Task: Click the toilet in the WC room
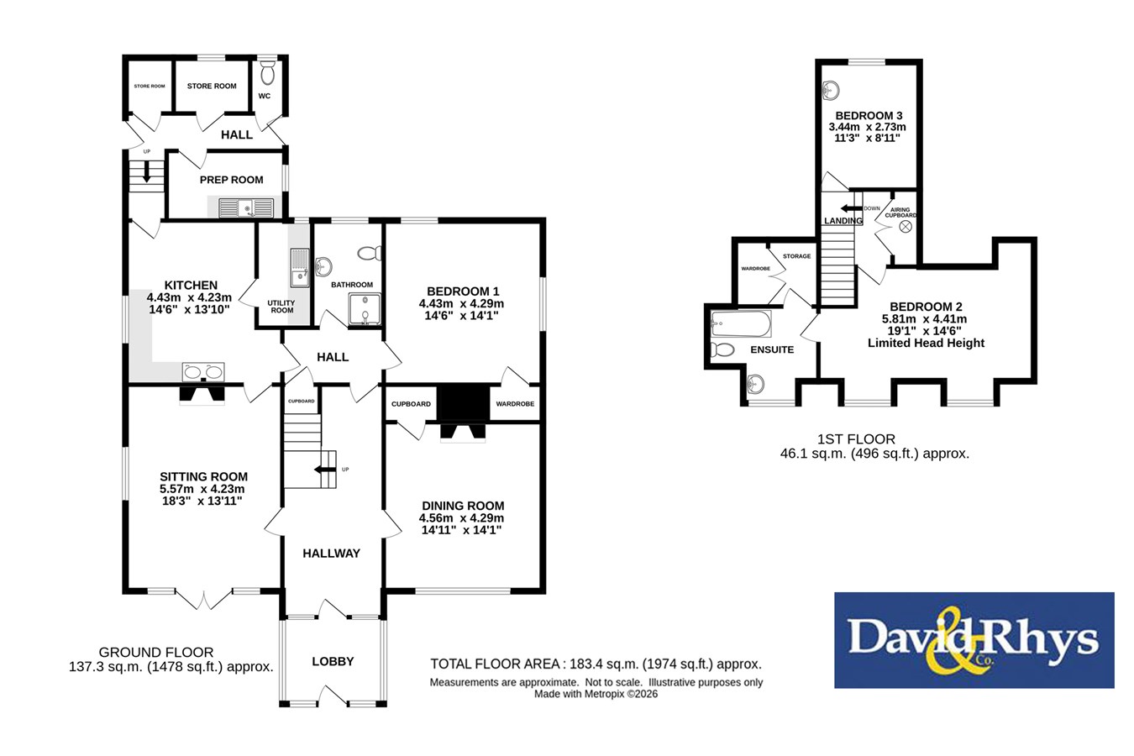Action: (x=268, y=73)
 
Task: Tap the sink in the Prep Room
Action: (x=246, y=207)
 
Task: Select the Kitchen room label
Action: (x=191, y=285)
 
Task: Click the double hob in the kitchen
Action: (x=203, y=371)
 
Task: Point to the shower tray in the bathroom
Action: (x=365, y=308)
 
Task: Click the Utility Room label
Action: (x=281, y=307)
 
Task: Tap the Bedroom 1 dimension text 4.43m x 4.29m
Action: (x=461, y=304)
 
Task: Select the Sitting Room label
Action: (x=203, y=476)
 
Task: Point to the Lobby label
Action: (x=333, y=661)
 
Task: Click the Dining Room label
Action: (x=463, y=506)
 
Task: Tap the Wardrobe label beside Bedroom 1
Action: (x=515, y=403)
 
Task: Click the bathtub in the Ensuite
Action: (x=741, y=323)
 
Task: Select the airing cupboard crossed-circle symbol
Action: (x=906, y=227)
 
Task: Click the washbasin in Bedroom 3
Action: (x=831, y=91)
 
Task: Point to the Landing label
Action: (x=843, y=221)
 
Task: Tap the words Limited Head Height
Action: (x=926, y=343)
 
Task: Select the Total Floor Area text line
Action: (x=596, y=664)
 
